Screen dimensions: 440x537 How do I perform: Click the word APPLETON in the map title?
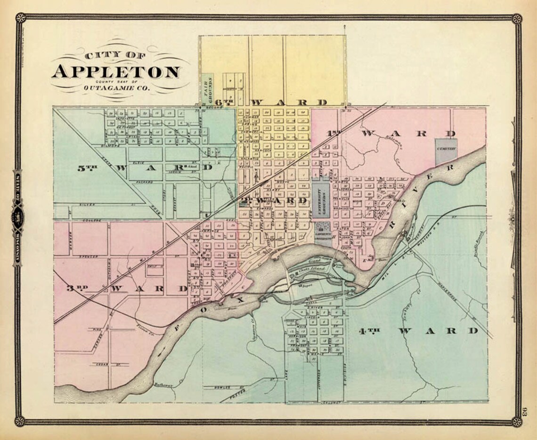click(115, 72)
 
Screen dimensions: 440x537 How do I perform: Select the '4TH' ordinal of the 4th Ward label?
click(369, 331)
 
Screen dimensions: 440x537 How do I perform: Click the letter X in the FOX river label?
click(240, 298)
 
